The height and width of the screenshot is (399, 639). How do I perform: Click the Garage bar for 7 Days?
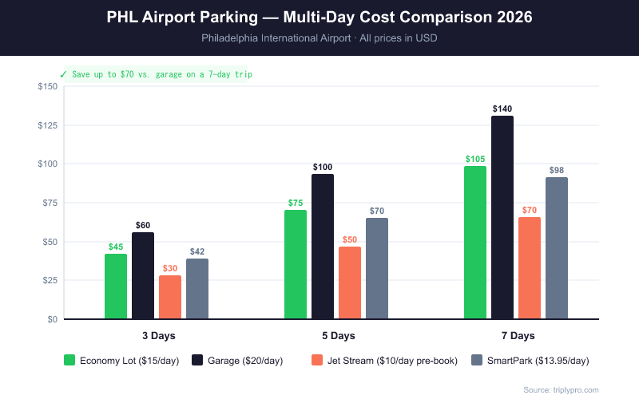pos(502,217)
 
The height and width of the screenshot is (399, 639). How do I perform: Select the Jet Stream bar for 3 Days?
pos(170,297)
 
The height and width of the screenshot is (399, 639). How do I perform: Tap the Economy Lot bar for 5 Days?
pos(296,264)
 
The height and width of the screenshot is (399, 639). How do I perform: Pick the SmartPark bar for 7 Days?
pos(557,247)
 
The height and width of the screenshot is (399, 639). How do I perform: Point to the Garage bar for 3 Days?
pos(143,275)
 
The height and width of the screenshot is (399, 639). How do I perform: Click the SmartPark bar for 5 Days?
pos(377,268)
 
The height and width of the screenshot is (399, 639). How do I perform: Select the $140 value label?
pos(502,109)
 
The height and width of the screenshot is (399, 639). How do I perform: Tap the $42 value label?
pos(197,251)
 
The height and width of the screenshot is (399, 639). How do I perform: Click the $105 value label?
pos(475,159)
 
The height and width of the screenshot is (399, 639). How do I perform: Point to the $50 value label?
pos(350,239)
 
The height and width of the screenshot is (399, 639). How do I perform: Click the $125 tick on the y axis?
pos(47,125)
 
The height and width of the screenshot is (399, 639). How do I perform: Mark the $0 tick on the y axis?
pos(52,319)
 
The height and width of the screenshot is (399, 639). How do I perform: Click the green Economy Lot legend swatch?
pos(69,361)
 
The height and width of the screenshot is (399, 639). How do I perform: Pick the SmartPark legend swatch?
pos(477,361)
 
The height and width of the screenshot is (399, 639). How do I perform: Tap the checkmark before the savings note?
pos(63,73)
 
